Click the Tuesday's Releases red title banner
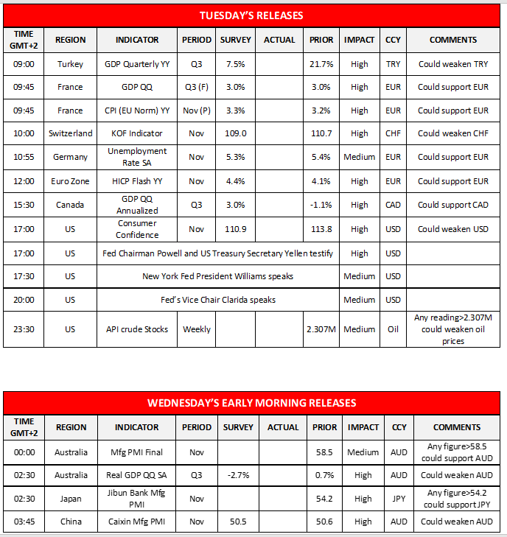pos(251,15)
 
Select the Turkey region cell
pos(70,64)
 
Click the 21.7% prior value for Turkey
pos(321,64)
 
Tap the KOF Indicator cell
pos(141,133)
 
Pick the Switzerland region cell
pos(70,133)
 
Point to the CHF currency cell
pos(393,133)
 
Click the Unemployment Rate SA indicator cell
pos(141,156)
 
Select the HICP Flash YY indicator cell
pos(141,180)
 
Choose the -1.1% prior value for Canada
pos(321,205)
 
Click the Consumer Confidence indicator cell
pos(141,228)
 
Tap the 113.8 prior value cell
pos(321,229)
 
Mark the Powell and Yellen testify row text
pos(217,253)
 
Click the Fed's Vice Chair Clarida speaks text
pos(217,300)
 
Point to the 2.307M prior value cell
pos(321,329)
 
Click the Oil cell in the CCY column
pos(393,329)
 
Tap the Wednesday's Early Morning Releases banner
pos(251,403)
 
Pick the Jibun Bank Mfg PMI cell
pos(137,498)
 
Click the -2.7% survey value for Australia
pos(237,475)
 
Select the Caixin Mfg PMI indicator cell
pos(137,522)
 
